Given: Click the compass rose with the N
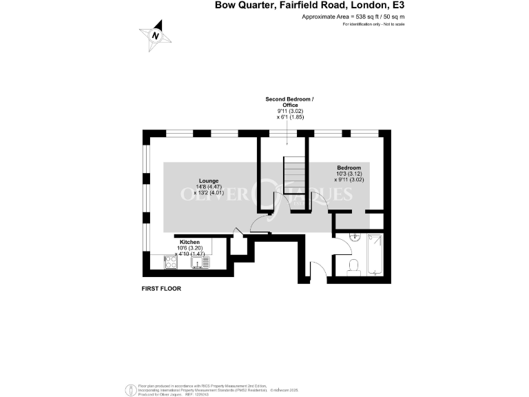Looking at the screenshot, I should click(x=156, y=35).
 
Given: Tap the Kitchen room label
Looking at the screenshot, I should click(x=189, y=243).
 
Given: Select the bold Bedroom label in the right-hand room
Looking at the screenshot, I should click(x=349, y=167).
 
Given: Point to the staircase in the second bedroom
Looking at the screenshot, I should click(x=293, y=175).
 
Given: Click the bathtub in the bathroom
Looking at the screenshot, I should click(x=375, y=255).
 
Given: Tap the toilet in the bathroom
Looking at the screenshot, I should click(x=353, y=266).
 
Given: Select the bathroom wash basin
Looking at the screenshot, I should click(x=355, y=236).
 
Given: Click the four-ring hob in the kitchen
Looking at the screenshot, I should click(x=169, y=262).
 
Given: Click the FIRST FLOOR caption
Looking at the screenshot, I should click(x=161, y=289).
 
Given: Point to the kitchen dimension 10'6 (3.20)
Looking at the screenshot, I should click(x=189, y=248).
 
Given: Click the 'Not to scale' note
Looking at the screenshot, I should click(x=393, y=24).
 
